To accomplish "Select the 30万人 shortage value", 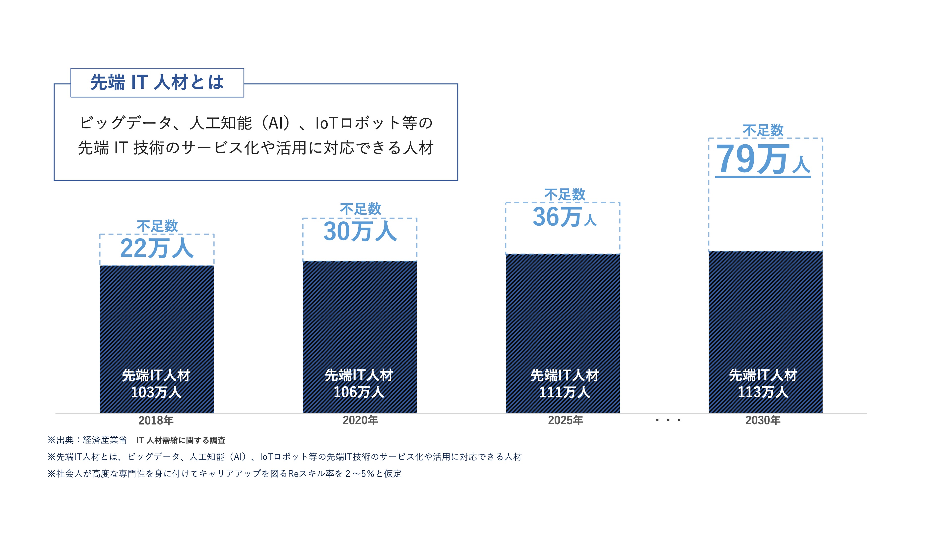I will (x=360, y=232).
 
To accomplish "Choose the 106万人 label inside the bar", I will (x=359, y=392).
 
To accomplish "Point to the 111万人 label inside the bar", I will (x=564, y=392).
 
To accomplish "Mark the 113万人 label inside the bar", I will (x=763, y=392).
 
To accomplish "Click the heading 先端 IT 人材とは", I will (x=157, y=82).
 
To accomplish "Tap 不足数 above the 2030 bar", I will (x=763, y=130).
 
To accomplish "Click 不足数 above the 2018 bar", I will (x=157, y=226).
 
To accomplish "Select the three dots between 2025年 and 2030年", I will (x=668, y=420).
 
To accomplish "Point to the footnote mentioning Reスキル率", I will (x=224, y=474).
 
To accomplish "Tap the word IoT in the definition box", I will (x=326, y=123).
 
